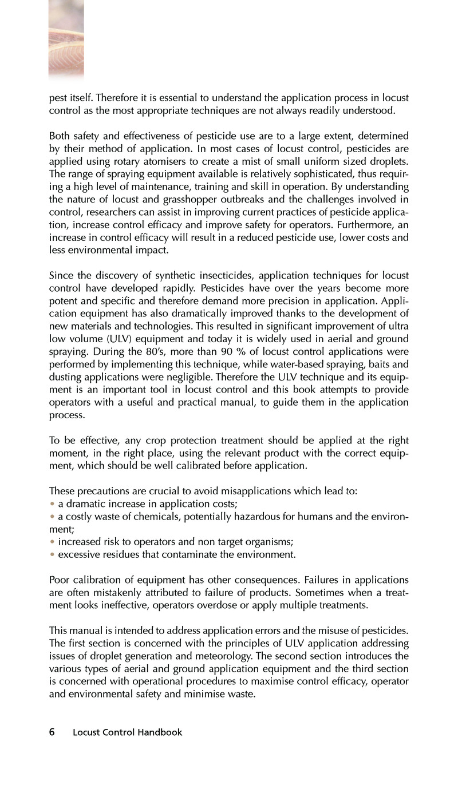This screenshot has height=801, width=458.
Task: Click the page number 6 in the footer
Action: pos(52,732)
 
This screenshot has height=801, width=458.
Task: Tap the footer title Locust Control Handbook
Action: pos(128,732)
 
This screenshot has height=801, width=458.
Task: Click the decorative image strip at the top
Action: pos(66,37)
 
